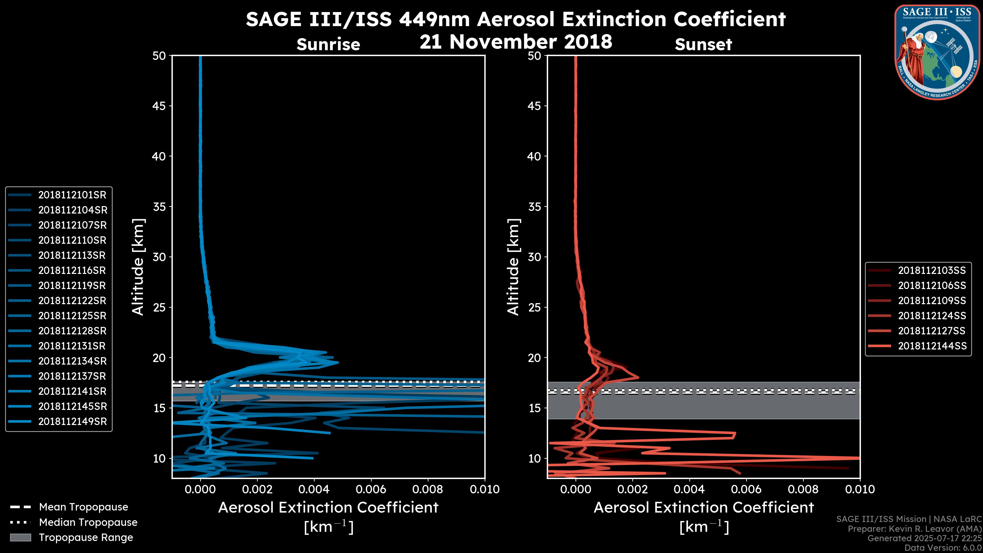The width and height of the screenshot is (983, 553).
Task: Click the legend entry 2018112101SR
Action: click(72, 195)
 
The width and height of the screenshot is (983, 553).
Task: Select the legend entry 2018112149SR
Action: click(72, 422)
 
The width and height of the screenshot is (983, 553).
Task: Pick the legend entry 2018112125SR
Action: click(72, 316)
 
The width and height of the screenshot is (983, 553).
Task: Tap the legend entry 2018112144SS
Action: click(932, 346)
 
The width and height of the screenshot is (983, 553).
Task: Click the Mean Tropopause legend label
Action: click(83, 507)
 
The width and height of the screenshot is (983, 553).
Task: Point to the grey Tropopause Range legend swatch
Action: click(20, 538)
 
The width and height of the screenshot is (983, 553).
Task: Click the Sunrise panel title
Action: click(328, 45)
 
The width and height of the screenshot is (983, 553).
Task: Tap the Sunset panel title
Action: click(703, 45)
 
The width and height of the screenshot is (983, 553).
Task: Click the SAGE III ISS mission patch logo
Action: click(937, 52)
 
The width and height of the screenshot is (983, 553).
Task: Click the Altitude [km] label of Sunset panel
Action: click(514, 267)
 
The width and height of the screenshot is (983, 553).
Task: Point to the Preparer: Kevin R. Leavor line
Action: click(914, 529)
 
